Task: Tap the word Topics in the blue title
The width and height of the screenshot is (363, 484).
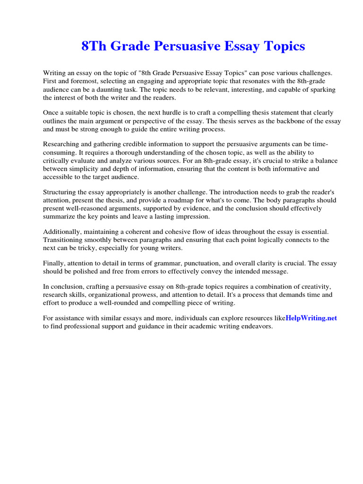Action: point(282,46)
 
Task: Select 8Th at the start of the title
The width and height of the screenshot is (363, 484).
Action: point(92,46)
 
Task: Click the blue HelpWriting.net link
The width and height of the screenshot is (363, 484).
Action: point(311,318)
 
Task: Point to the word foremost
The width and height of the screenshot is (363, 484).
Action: point(83,81)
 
